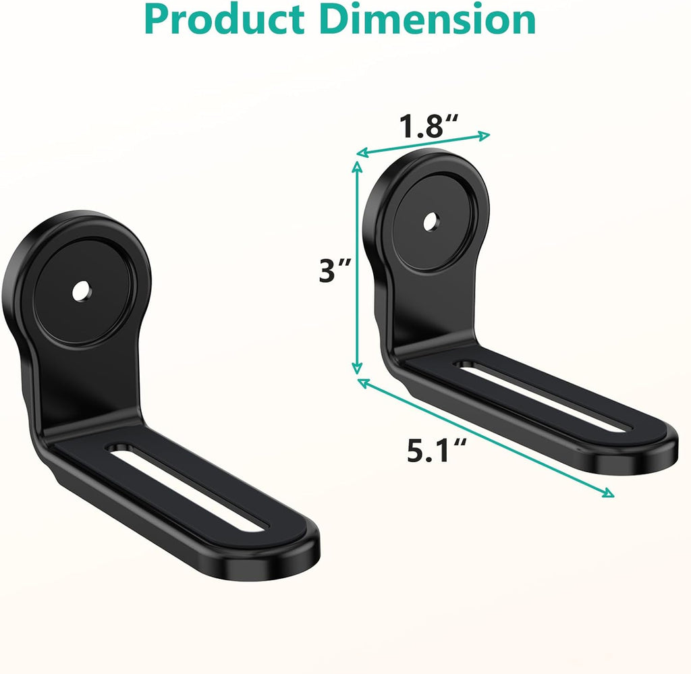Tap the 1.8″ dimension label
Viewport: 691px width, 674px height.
tap(428, 126)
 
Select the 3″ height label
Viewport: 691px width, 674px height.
tap(335, 271)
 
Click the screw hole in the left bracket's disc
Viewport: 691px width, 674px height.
tap(82, 290)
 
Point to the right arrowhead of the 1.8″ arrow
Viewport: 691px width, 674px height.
tap(484, 136)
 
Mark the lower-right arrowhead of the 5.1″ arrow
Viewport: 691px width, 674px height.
tap(609, 493)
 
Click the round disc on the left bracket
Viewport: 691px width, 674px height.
tap(84, 291)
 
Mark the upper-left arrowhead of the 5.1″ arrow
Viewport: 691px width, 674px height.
tap(362, 383)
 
